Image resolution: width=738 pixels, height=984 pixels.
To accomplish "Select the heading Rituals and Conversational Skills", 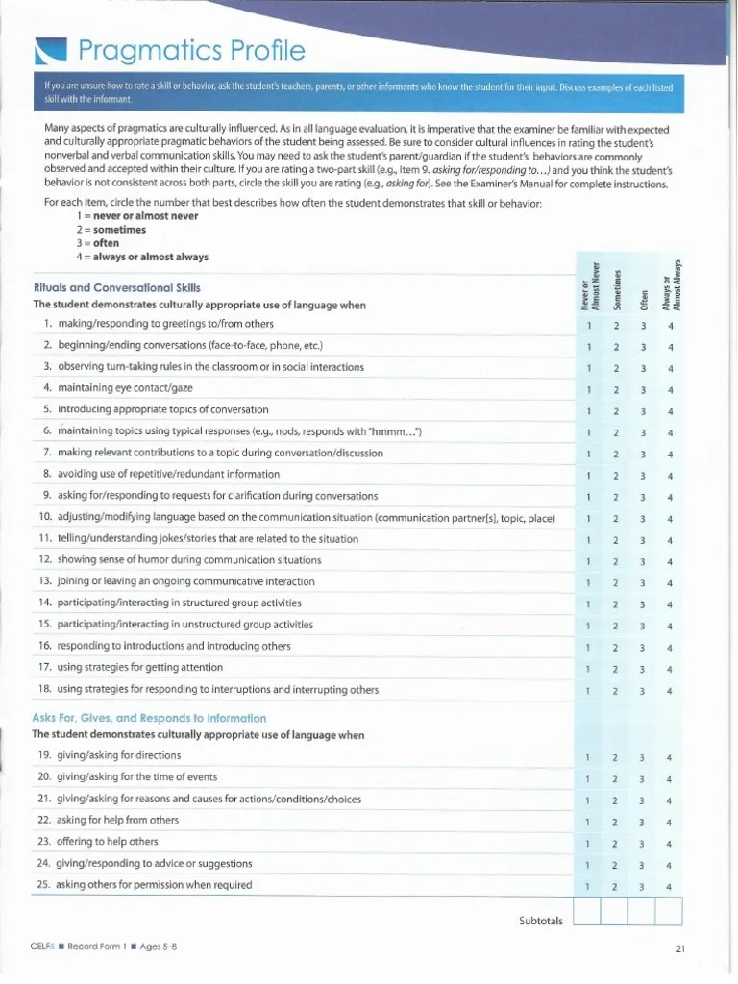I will tap(117, 287).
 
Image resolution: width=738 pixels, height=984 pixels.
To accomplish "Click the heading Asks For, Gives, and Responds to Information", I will tap(149, 718).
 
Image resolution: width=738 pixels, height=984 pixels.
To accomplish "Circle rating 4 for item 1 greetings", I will tap(671, 325).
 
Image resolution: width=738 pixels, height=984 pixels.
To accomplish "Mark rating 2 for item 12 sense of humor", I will tap(615, 561).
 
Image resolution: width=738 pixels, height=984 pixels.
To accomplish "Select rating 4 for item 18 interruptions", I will tap(671, 690).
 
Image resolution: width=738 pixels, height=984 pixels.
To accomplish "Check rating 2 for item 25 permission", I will tap(615, 886).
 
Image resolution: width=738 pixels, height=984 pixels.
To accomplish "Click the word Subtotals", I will tap(540, 921).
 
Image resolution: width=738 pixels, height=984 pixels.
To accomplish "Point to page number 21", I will tap(679, 950).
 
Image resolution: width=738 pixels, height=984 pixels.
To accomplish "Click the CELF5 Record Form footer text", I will tap(103, 949).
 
